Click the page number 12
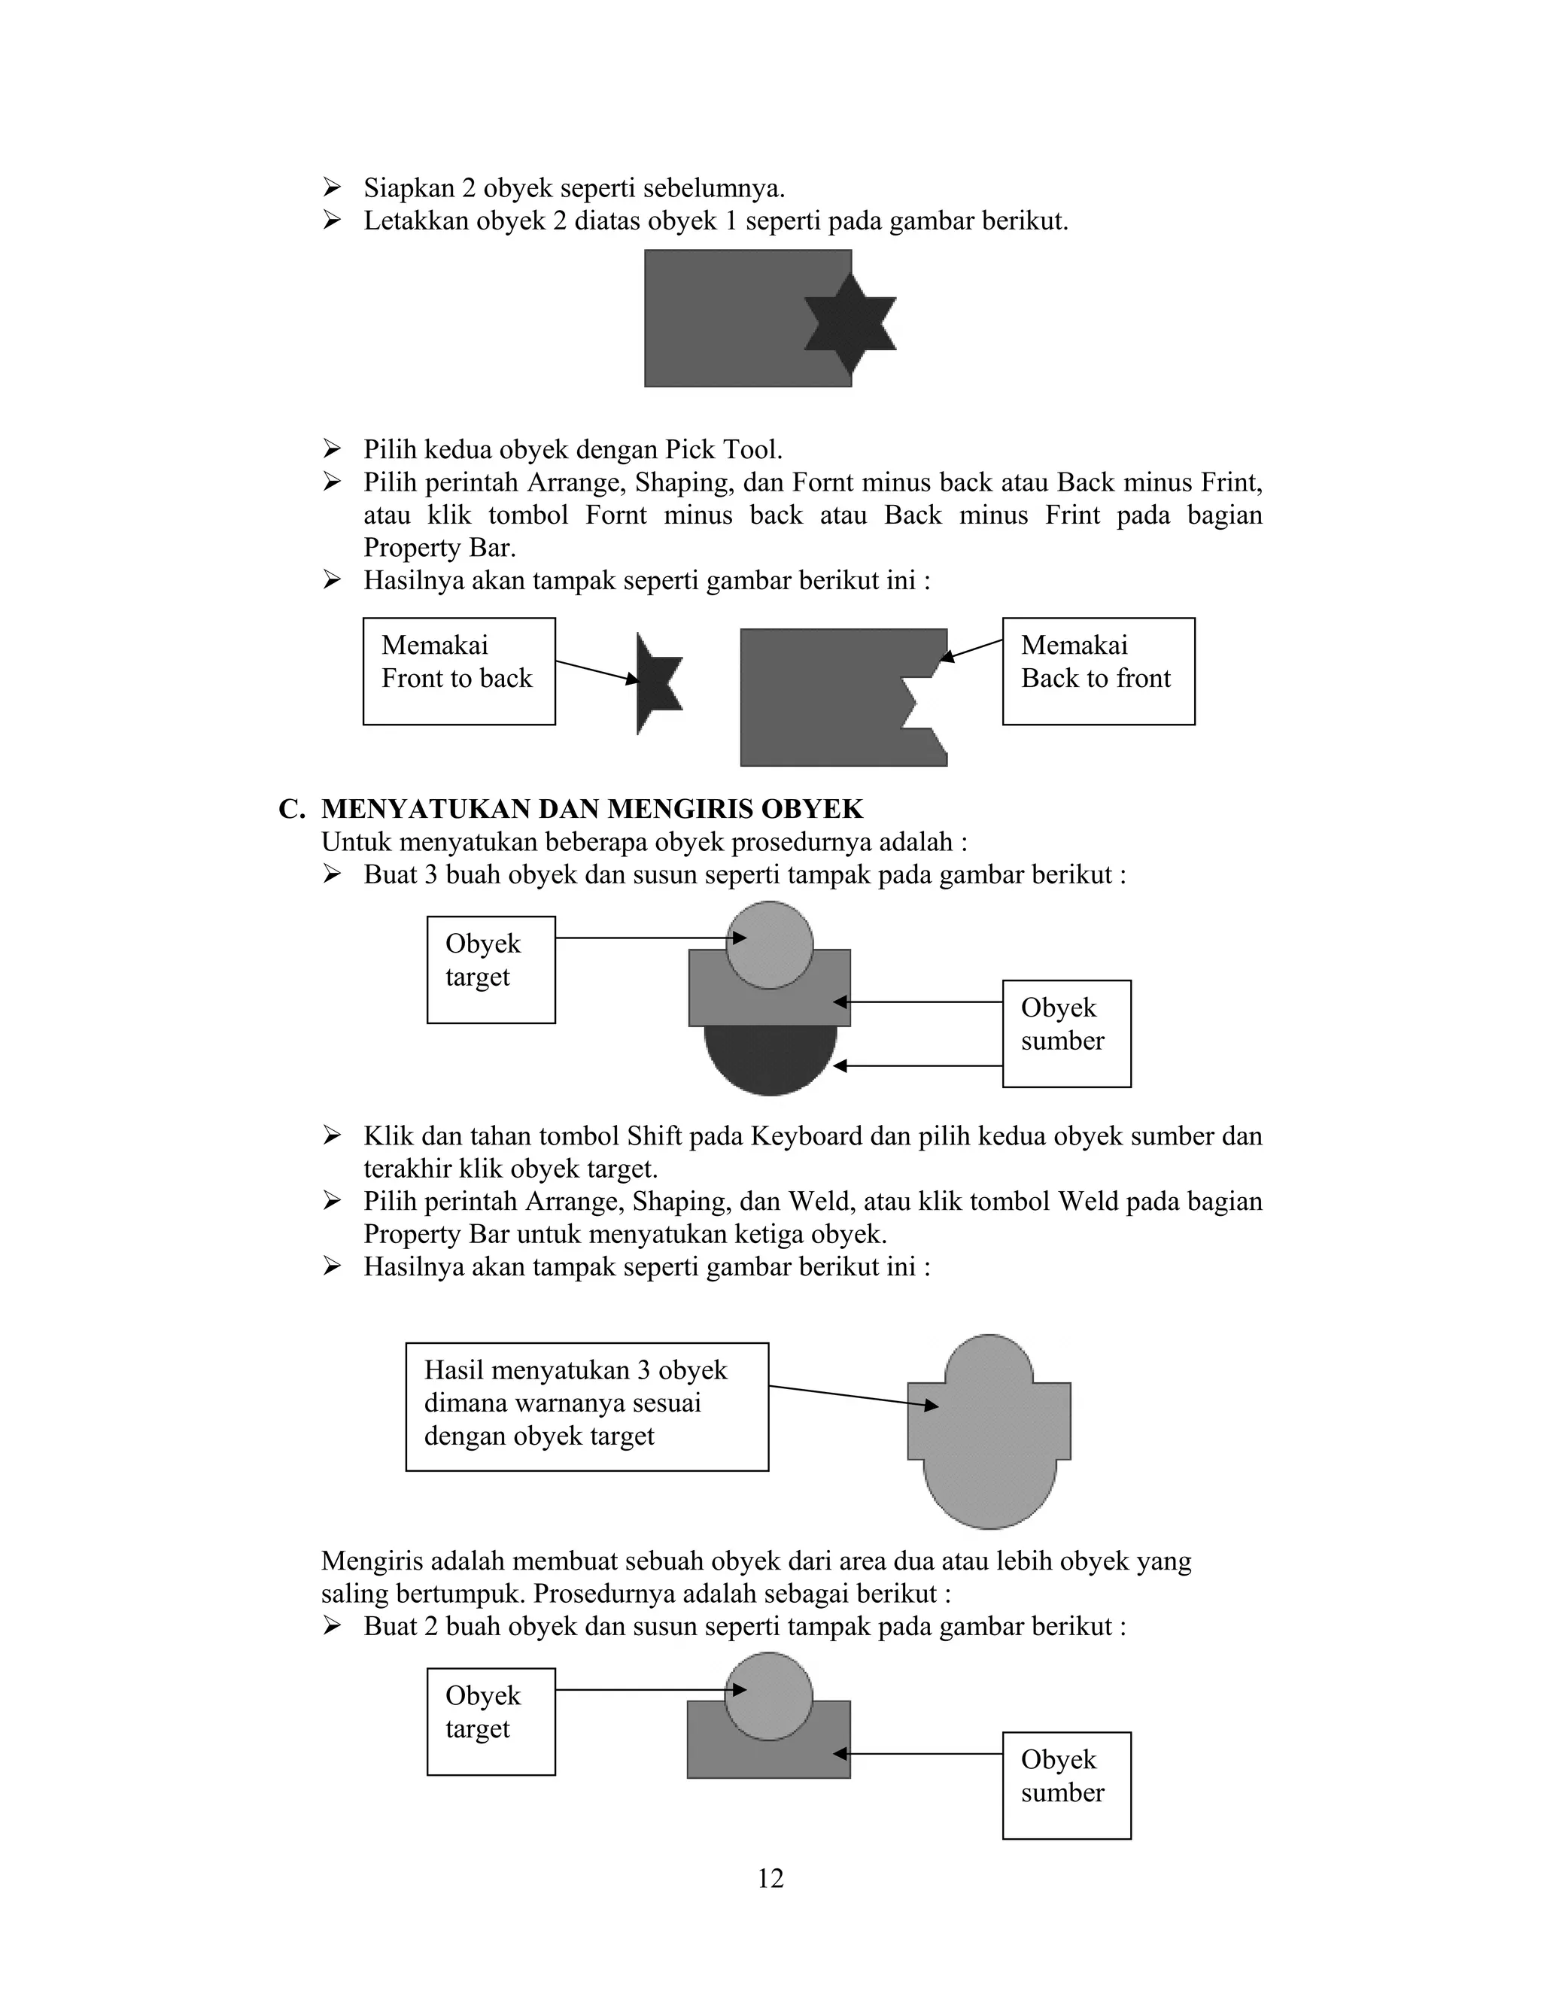pos(770,1878)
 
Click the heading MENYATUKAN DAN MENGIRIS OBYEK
pos(591,809)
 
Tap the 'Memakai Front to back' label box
pos(458,671)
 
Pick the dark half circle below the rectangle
pos(770,1059)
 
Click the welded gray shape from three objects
pos(989,1442)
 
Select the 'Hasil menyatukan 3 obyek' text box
pos(586,1406)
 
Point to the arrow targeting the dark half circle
pos(917,1065)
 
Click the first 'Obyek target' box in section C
pos(491,970)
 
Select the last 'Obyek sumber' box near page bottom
pos(1065,1785)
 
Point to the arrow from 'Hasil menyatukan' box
pos(853,1396)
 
